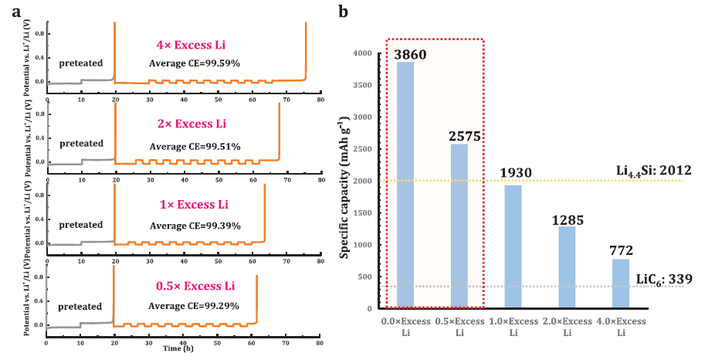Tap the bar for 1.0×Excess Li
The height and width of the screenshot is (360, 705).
[x=512, y=246]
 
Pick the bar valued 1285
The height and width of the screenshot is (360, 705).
[x=568, y=267]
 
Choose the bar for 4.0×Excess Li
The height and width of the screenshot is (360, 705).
[x=620, y=284]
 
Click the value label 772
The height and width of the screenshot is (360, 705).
[x=620, y=250]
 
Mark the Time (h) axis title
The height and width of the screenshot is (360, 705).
[x=183, y=348]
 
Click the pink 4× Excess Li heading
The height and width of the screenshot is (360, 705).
[x=194, y=44]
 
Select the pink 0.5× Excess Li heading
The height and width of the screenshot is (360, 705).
[x=194, y=286]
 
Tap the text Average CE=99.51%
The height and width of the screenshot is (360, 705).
[x=195, y=146]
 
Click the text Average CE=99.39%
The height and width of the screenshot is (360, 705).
[x=195, y=226]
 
